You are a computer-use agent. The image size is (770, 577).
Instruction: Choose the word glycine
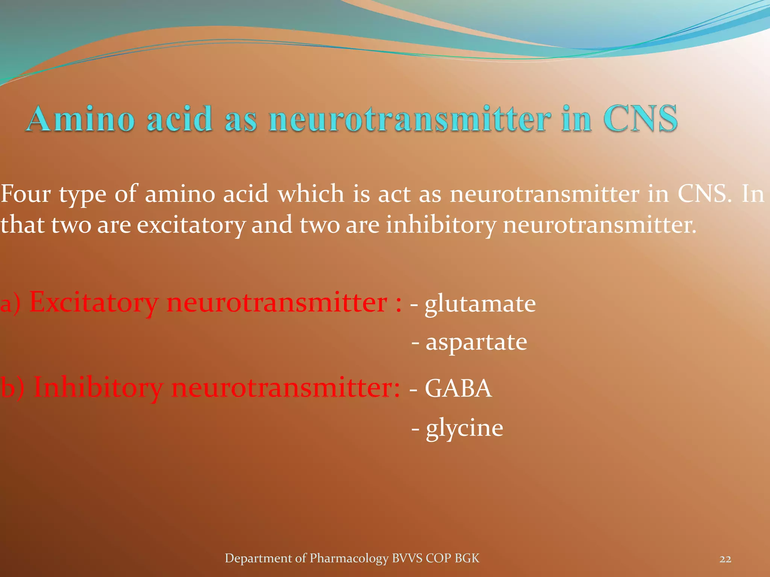[464, 428]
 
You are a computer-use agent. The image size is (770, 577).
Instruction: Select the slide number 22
[725, 559]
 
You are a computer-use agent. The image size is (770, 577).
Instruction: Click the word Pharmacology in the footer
[349, 559]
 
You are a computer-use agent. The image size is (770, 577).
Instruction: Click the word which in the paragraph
[311, 194]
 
